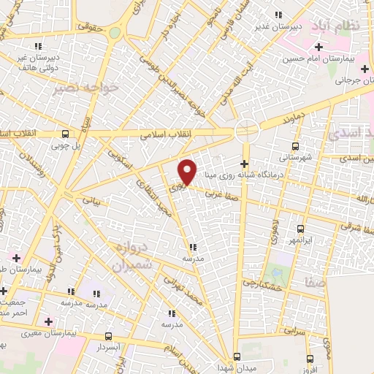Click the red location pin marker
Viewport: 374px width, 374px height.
[188, 171]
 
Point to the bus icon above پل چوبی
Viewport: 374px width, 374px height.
[66, 134]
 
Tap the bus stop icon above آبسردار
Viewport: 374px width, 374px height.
[109, 337]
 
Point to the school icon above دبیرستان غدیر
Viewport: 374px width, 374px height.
[277, 15]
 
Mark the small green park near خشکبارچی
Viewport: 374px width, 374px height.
[278, 274]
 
